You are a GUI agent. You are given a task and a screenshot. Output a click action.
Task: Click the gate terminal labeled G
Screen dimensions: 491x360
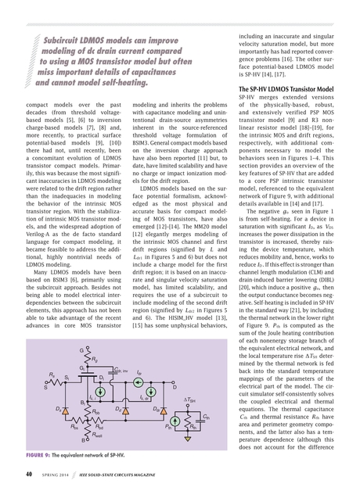[81, 348]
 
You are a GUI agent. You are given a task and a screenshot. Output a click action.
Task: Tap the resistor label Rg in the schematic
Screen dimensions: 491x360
[95, 360]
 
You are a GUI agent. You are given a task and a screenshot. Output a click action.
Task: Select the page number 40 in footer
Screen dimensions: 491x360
[27, 474]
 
